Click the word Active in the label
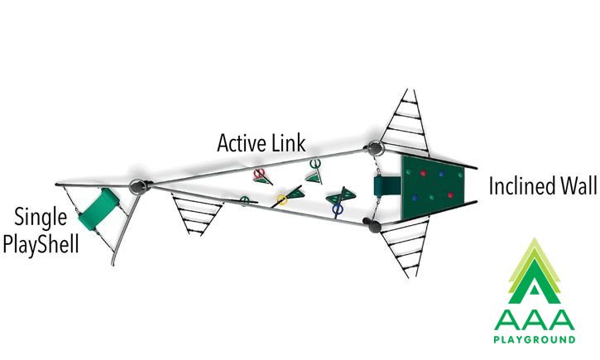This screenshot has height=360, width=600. pyautogui.click(x=242, y=143)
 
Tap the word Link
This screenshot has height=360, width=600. pyautogui.click(x=289, y=142)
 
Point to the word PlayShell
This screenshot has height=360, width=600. pyautogui.click(x=41, y=243)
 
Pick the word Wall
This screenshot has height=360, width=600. pyautogui.click(x=579, y=185)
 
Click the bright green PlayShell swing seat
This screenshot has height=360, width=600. pyautogui.click(x=98, y=209)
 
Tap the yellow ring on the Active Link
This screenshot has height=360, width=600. pyautogui.click(x=281, y=199)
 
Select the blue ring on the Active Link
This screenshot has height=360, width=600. pyautogui.click(x=338, y=209)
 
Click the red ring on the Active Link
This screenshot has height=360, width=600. pyautogui.click(x=259, y=173)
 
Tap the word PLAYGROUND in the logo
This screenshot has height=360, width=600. pyautogui.click(x=534, y=339)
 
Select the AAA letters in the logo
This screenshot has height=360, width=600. pyautogui.click(x=534, y=319)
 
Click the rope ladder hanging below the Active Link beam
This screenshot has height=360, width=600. pyautogui.click(x=196, y=214)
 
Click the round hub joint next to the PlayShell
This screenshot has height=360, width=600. pyautogui.click(x=137, y=186)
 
